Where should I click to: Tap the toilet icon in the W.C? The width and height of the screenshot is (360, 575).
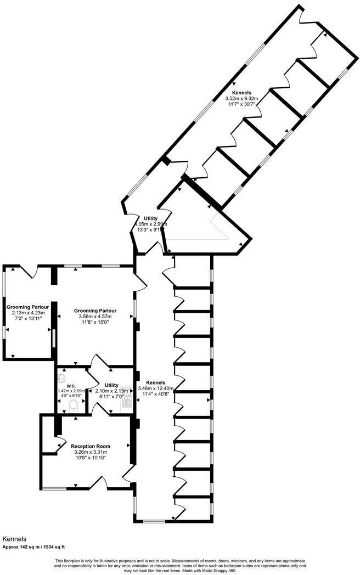click(72, 406)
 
